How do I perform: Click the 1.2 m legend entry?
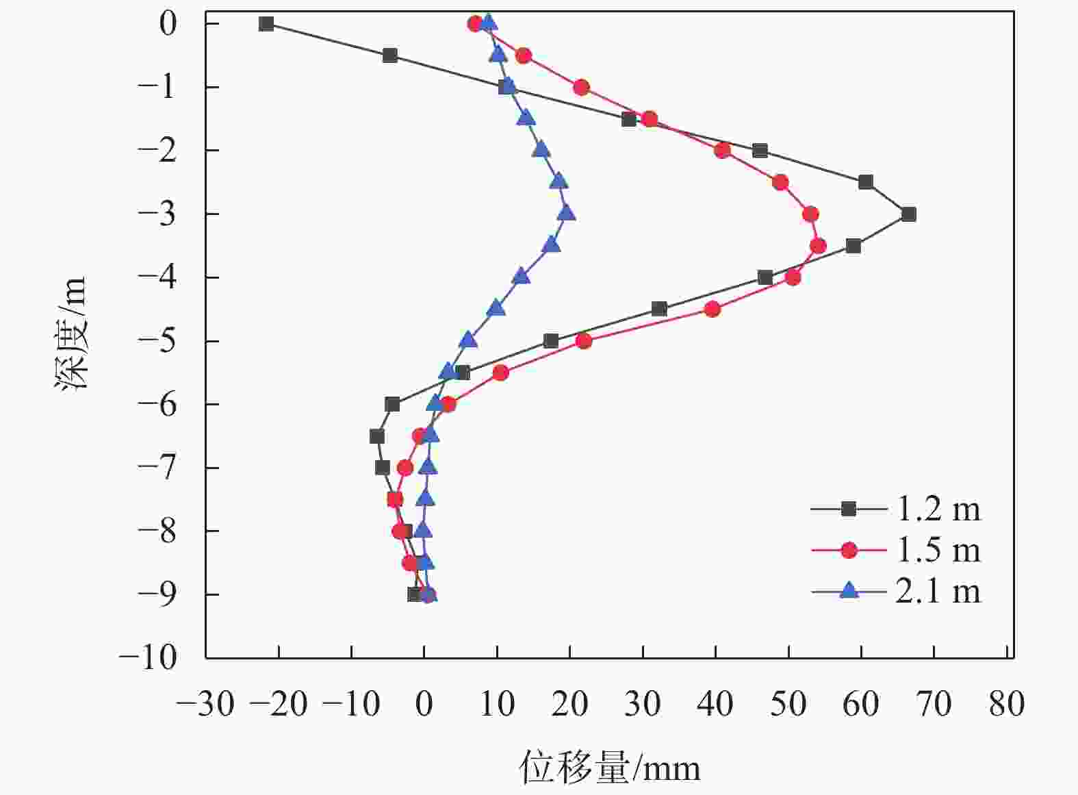coord(897,509)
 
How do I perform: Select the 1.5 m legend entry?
coord(897,550)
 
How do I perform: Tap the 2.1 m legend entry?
coord(897,591)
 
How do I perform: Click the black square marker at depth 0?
coord(266,24)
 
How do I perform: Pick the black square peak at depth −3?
coord(908,214)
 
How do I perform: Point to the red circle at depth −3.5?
coord(817,246)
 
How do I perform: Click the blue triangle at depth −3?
coord(566,213)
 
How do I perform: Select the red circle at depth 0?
coord(475,24)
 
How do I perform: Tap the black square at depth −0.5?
coord(390,55)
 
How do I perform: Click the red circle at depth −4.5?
coord(712,309)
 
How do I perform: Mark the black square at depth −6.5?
coord(376,436)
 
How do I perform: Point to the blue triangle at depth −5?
coord(468,340)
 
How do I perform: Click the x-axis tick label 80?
coord(1006,703)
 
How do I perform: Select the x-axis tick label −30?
coord(205,703)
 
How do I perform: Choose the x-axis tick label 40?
coord(715,703)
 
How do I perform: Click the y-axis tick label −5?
coord(157,340)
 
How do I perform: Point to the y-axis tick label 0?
coord(168,24)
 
